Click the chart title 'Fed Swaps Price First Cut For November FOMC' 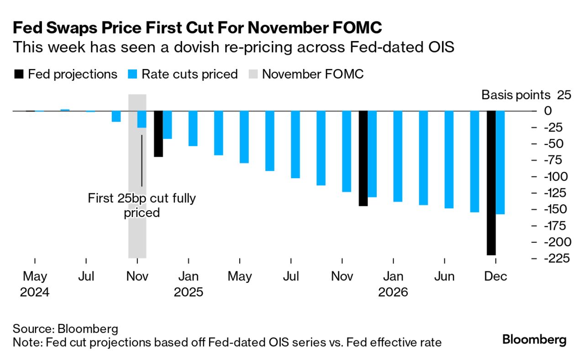click(197, 28)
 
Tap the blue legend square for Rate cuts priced click(132, 74)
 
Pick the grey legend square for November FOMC click(253, 74)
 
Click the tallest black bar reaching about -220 click(491, 183)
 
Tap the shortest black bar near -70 click(158, 134)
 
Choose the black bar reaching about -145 click(363, 158)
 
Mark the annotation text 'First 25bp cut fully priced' click(142, 206)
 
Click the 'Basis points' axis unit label click(516, 95)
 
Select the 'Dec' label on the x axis click(495, 277)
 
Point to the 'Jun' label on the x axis click(444, 277)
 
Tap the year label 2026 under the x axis click(393, 292)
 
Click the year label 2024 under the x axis click(35, 292)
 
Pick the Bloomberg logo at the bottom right click(534, 339)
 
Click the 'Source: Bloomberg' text click(66, 329)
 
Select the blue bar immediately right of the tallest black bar click(500, 162)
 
